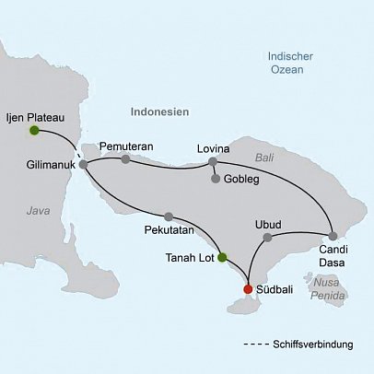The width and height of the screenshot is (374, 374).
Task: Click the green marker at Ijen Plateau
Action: coord(34,131)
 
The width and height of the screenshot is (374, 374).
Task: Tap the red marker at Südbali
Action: coord(248,289)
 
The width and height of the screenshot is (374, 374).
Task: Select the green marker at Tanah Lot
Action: coord(221,258)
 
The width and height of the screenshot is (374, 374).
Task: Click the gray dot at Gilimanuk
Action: coord(84,164)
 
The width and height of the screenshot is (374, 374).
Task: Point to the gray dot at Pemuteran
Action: coord(125,158)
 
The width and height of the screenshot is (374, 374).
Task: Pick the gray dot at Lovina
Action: coord(213,162)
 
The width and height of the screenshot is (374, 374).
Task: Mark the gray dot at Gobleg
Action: coord(216,179)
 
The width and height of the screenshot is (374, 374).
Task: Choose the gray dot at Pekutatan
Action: coord(168,216)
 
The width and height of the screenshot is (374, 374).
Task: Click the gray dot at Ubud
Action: coord(268,237)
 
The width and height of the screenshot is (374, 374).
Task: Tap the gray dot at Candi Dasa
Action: coord(332,234)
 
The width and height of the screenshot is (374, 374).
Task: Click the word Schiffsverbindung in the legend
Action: coord(313,345)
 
